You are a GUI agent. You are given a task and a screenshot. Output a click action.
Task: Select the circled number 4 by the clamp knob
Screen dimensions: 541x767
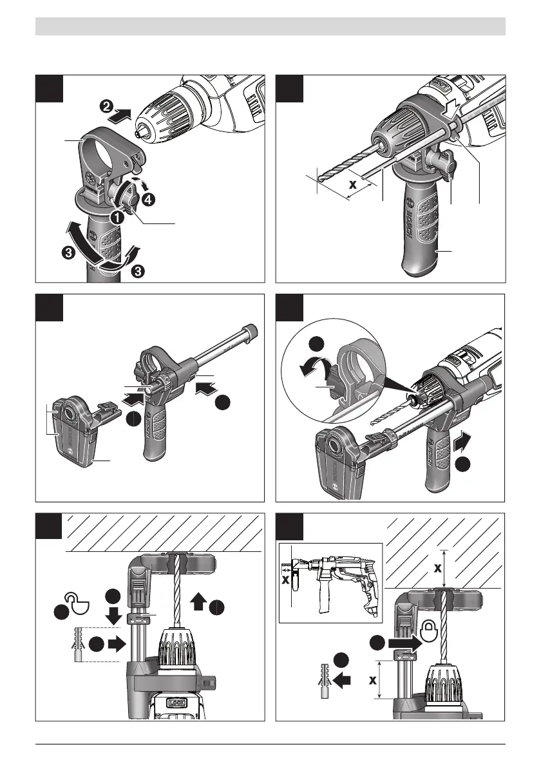click(x=149, y=200)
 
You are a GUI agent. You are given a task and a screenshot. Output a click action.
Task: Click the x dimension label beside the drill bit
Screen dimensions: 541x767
click(x=352, y=184)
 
